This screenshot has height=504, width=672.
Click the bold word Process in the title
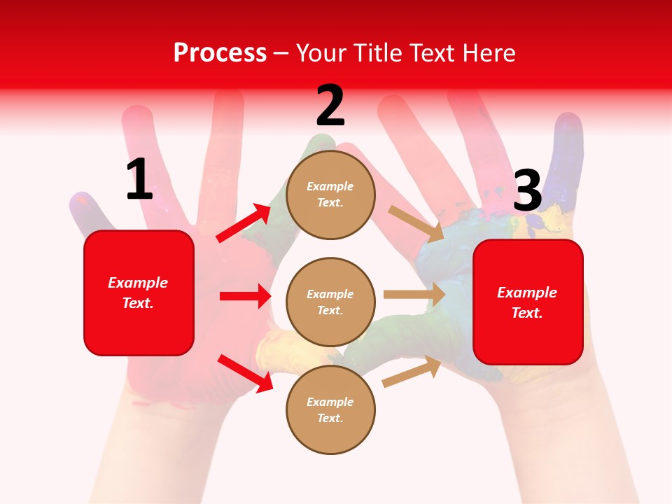click(x=220, y=52)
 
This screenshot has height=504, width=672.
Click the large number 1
click(x=139, y=180)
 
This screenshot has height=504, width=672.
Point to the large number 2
click(x=330, y=106)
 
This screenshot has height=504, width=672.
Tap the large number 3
click(x=527, y=190)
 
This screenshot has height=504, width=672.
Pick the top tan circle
click(x=330, y=195)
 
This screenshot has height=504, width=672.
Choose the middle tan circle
click(x=330, y=302)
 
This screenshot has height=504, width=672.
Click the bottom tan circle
click(x=330, y=409)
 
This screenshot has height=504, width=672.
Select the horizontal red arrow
click(x=245, y=296)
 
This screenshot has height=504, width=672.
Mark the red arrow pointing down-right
click(x=246, y=372)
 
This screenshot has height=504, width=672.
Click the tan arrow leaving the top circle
click(x=416, y=223)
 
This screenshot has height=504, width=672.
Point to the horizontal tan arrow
click(x=414, y=294)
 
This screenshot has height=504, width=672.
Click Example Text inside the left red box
click(x=138, y=293)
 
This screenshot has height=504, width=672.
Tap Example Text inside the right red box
click(x=527, y=302)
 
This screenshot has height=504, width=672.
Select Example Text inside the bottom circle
click(x=330, y=409)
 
